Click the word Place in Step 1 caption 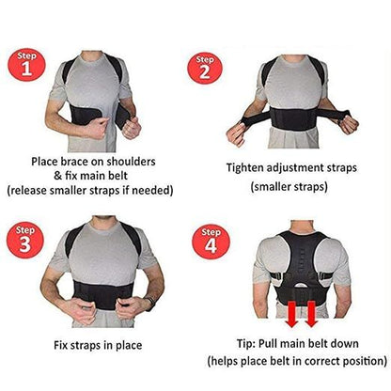point(48,161)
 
